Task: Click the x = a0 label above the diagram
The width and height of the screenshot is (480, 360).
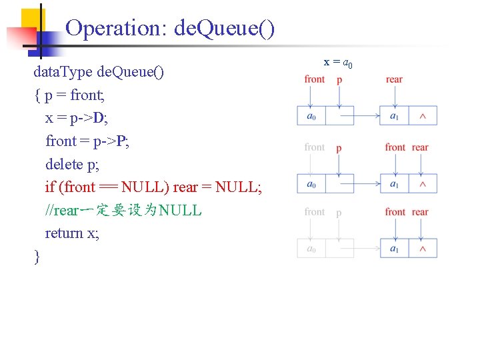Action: click(x=338, y=63)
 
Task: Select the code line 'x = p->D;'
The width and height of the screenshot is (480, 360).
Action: click(x=75, y=118)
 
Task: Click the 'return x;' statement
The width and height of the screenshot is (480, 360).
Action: click(x=72, y=233)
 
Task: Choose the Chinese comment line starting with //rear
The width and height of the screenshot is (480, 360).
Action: click(x=123, y=211)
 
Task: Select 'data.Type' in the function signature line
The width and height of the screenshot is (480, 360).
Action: click(x=63, y=72)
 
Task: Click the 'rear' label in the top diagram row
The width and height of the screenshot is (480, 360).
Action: click(x=394, y=79)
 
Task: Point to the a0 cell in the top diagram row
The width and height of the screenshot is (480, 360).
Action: click(x=311, y=117)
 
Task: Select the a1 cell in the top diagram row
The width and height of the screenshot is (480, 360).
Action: click(x=394, y=117)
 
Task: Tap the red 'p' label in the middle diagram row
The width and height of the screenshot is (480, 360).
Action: click(x=339, y=148)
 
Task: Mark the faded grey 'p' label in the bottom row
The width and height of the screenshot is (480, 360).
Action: click(x=339, y=213)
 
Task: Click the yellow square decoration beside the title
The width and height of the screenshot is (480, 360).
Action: click(x=31, y=20)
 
